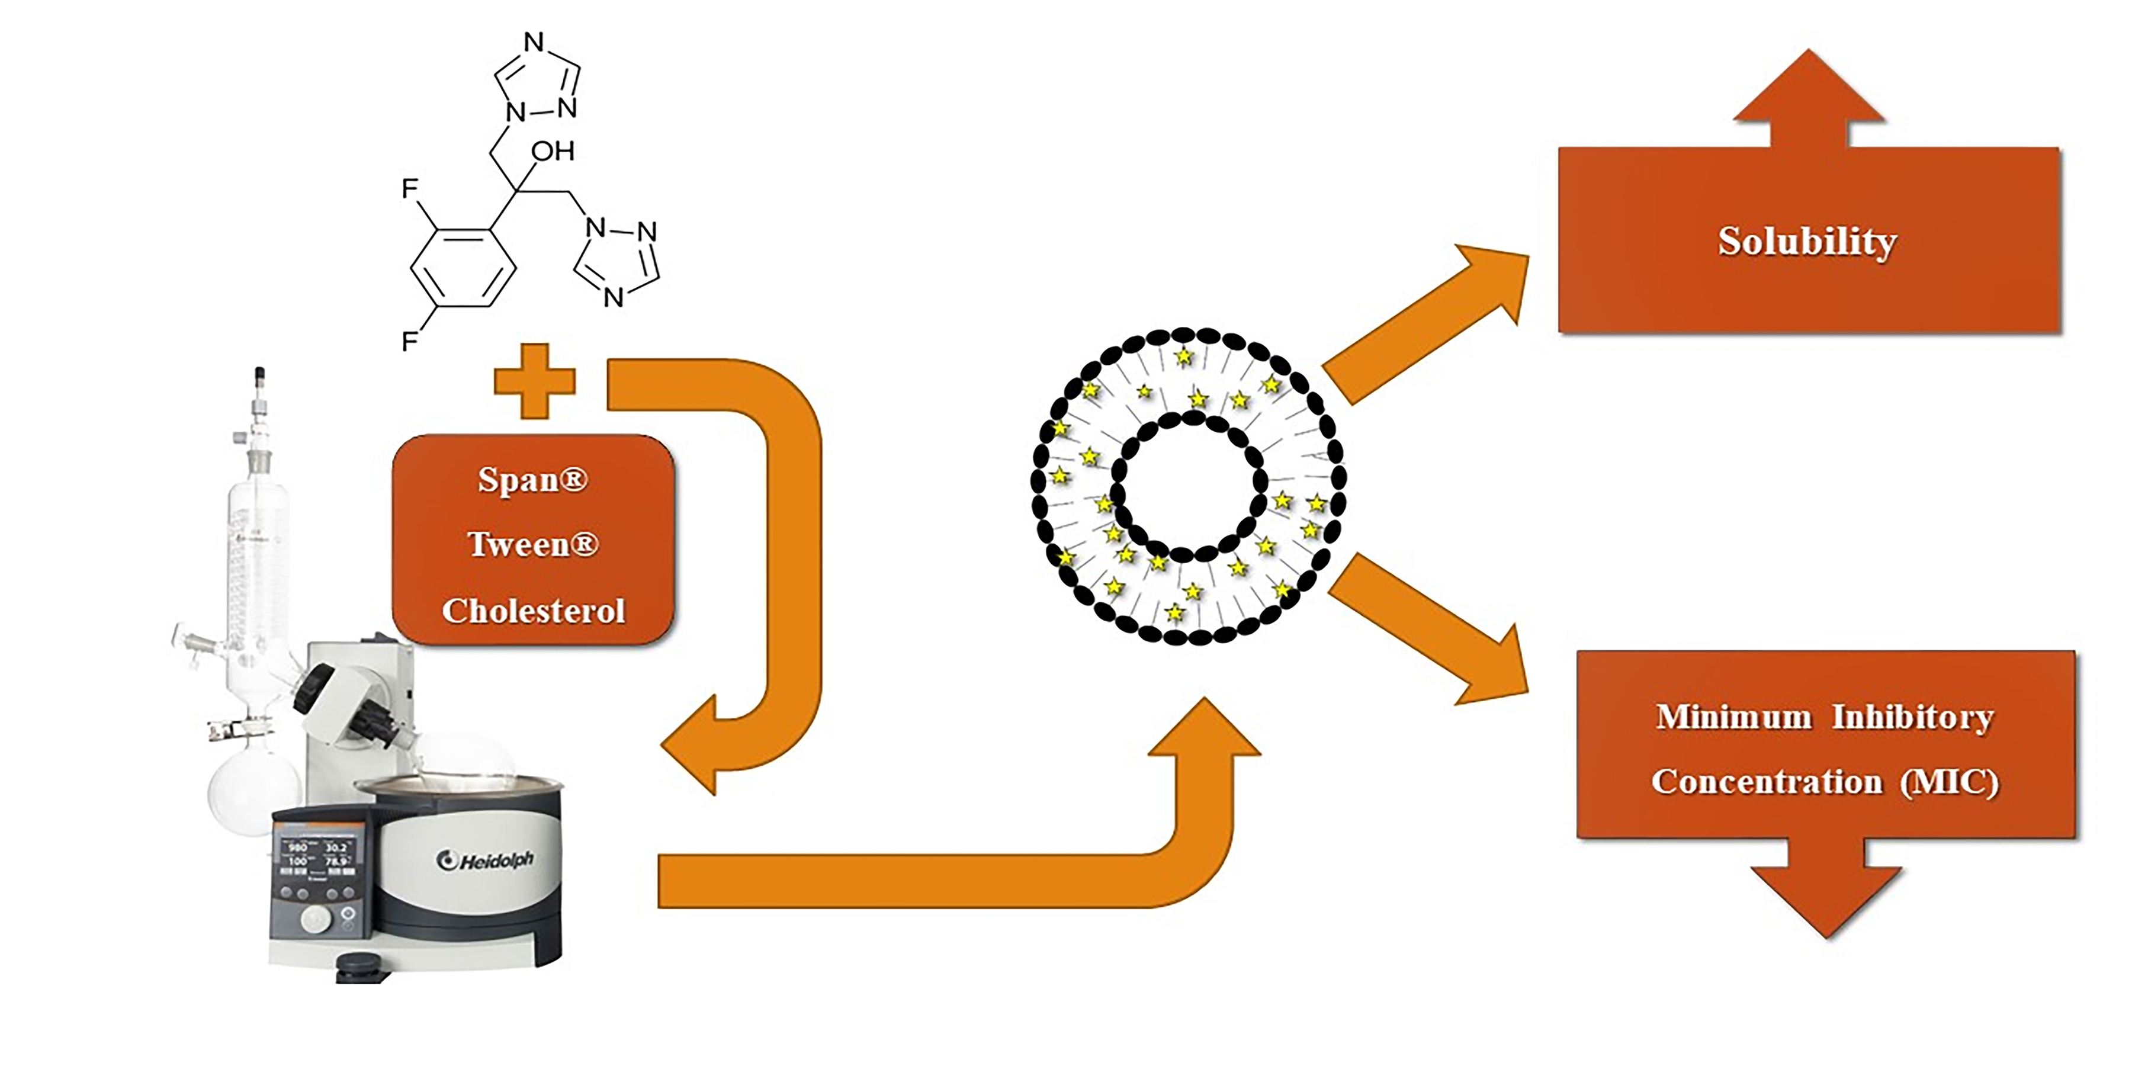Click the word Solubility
(x=1807, y=242)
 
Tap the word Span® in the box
(x=532, y=480)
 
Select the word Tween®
(x=532, y=545)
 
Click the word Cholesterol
(x=533, y=611)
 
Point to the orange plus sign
(x=534, y=381)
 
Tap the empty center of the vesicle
(x=1189, y=489)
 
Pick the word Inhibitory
(x=1912, y=717)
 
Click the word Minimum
(x=1733, y=717)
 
